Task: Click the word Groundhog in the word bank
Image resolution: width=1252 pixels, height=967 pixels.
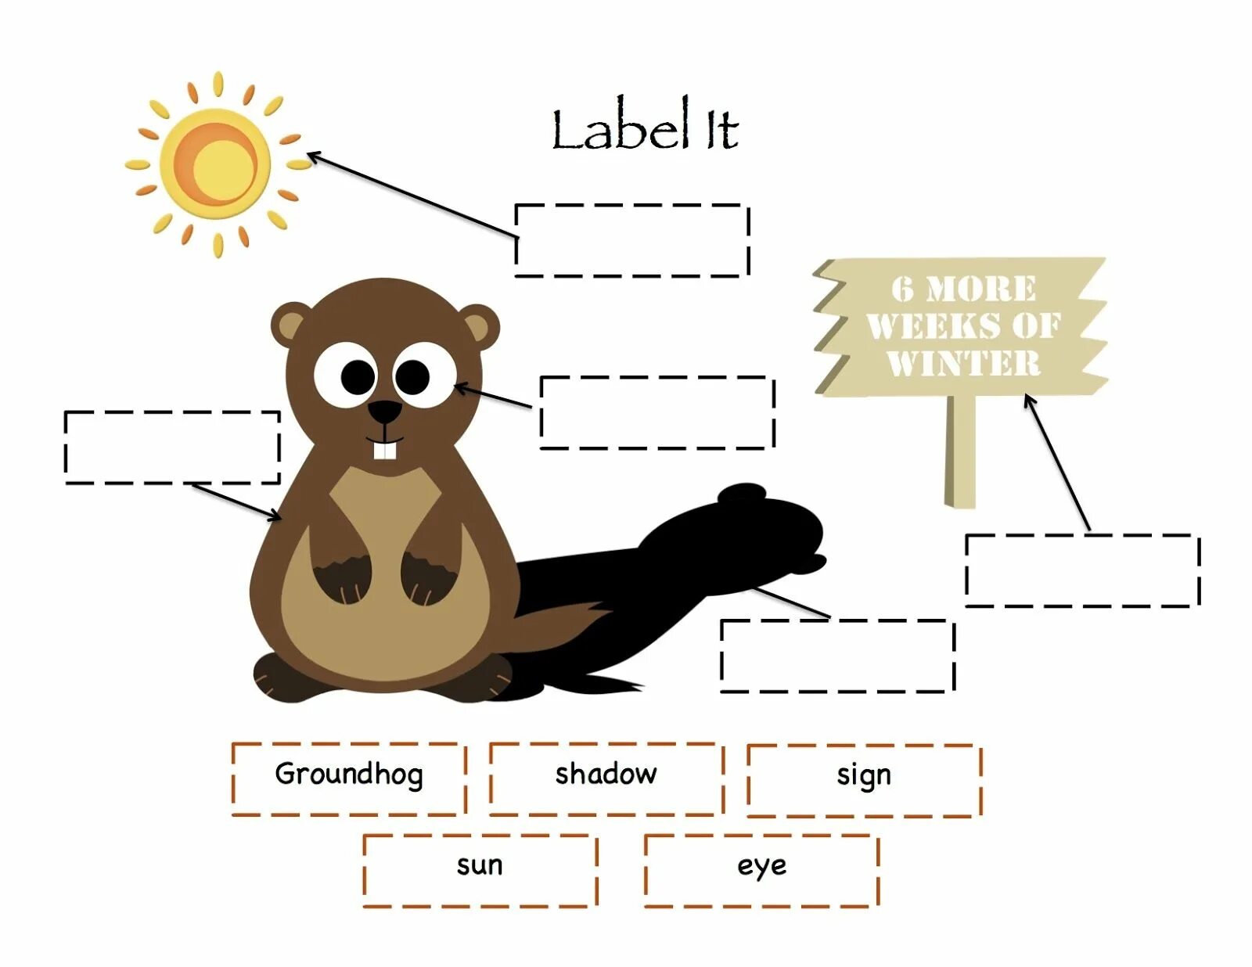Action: pyautogui.click(x=349, y=775)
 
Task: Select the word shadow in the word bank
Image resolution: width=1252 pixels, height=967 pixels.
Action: pyautogui.click(x=606, y=775)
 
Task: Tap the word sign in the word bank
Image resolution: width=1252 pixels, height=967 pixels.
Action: pyautogui.click(x=863, y=775)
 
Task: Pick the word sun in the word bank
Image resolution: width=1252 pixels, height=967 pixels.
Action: pyautogui.click(x=480, y=865)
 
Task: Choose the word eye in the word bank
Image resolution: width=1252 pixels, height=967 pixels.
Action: pyautogui.click(x=761, y=866)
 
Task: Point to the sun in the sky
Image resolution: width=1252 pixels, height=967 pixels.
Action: pyautogui.click(x=214, y=165)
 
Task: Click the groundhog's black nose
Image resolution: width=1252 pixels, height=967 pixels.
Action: pyautogui.click(x=384, y=412)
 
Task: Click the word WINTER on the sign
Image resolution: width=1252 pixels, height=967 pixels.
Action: pyautogui.click(x=963, y=364)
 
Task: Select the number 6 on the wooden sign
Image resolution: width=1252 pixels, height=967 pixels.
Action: pyautogui.click(x=902, y=289)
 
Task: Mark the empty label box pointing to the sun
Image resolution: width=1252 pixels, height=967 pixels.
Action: pyautogui.click(x=631, y=240)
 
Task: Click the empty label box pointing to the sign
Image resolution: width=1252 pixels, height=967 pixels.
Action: pyautogui.click(x=1082, y=570)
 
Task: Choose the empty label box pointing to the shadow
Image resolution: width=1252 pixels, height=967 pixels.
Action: pyautogui.click(x=836, y=656)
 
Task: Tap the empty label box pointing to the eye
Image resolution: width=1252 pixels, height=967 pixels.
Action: pyautogui.click(x=657, y=412)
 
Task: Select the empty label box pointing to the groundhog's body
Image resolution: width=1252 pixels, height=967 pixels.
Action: pyautogui.click(x=172, y=447)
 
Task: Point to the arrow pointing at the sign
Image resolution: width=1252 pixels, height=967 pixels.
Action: pyautogui.click(x=1056, y=462)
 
